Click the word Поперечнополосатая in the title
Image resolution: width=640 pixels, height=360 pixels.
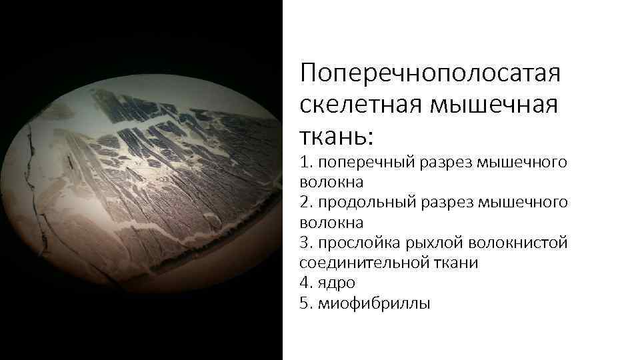click(430, 73)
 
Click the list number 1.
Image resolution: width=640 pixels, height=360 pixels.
click(305, 162)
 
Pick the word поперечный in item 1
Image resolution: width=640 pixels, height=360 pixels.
click(364, 162)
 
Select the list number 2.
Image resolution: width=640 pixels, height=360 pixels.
click(305, 202)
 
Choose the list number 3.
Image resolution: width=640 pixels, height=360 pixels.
click(305, 243)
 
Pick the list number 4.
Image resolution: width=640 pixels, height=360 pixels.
click(305, 283)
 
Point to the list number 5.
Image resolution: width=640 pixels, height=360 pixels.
click(305, 303)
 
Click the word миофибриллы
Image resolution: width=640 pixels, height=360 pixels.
click(374, 303)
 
